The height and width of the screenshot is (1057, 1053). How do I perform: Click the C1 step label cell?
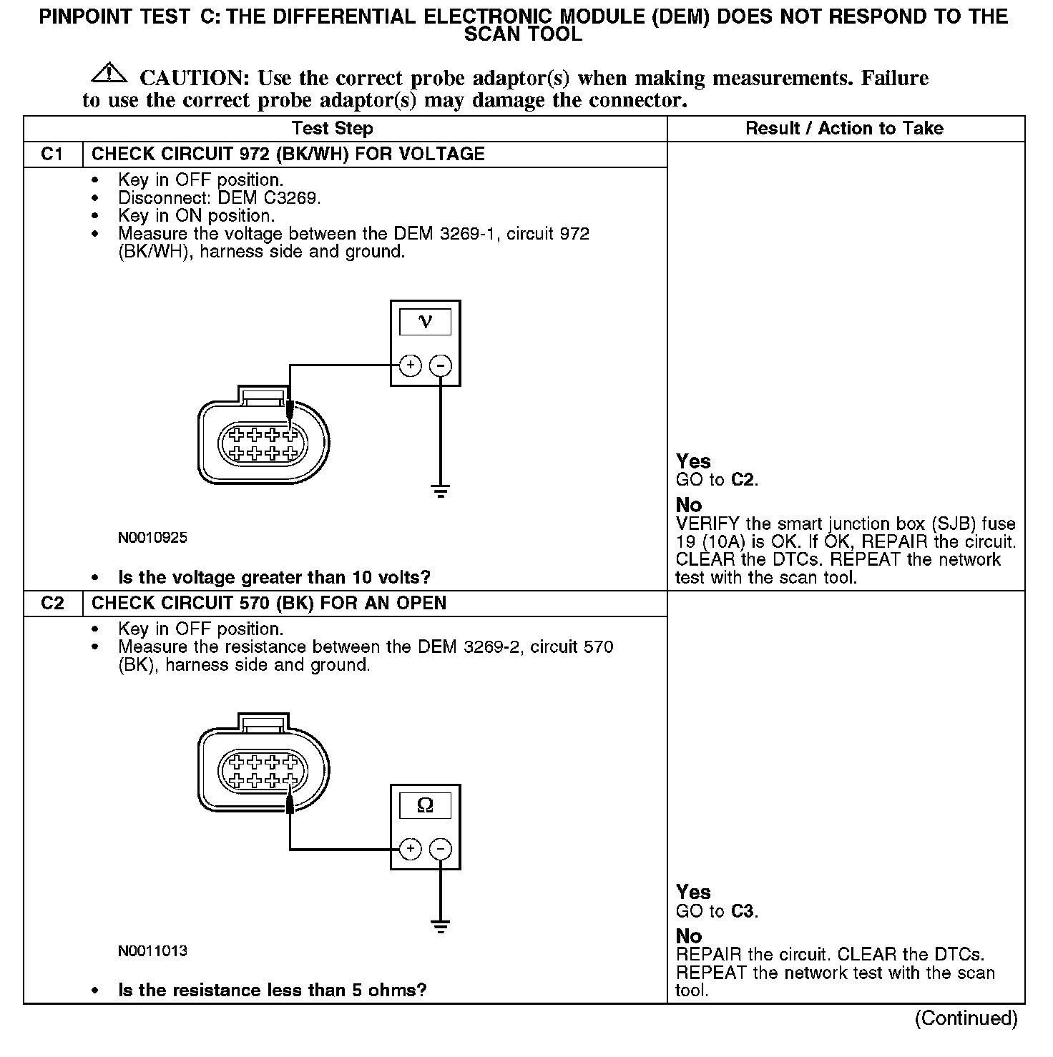53,154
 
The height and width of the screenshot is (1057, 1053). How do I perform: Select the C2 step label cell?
53,604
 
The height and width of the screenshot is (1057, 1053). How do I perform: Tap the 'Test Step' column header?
332,129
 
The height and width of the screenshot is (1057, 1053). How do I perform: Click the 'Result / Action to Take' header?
844,129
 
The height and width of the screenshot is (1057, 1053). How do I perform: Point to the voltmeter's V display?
425,322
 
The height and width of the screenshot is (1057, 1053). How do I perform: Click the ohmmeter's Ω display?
425,806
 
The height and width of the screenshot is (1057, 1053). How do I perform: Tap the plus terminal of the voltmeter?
410,365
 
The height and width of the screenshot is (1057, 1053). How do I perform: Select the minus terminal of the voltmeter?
440,365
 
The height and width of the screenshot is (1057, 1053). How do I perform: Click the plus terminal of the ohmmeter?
410,849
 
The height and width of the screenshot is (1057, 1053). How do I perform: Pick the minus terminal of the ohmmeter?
440,849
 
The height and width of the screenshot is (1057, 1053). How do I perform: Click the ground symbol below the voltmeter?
440,491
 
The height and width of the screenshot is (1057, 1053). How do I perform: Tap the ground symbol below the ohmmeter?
440,928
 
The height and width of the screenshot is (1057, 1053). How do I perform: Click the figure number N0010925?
152,538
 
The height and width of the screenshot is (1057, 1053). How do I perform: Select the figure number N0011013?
152,951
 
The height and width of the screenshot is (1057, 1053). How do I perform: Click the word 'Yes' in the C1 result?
693,461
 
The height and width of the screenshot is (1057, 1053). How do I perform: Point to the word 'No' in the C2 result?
689,936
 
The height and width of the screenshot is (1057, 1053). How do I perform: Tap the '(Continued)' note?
966,1018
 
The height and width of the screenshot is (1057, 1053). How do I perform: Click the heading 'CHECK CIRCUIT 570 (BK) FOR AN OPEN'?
269,604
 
